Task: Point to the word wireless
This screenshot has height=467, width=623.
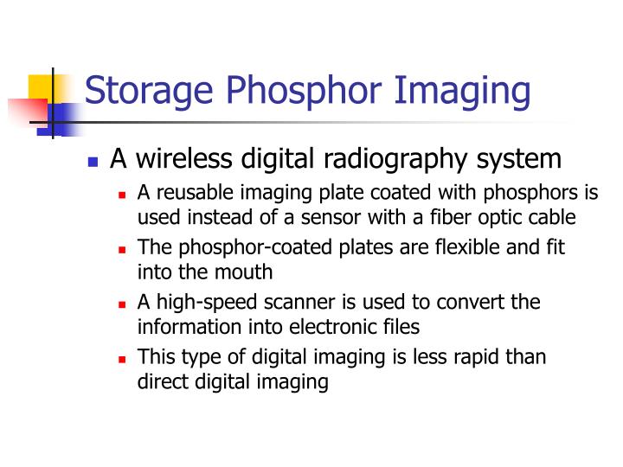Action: pyautogui.click(x=183, y=159)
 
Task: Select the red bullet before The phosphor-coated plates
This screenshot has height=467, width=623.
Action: pyautogui.click(x=124, y=249)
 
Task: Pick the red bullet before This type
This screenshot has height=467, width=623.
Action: pyautogui.click(x=124, y=358)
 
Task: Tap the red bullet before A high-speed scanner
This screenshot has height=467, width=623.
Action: pyautogui.click(x=124, y=304)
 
